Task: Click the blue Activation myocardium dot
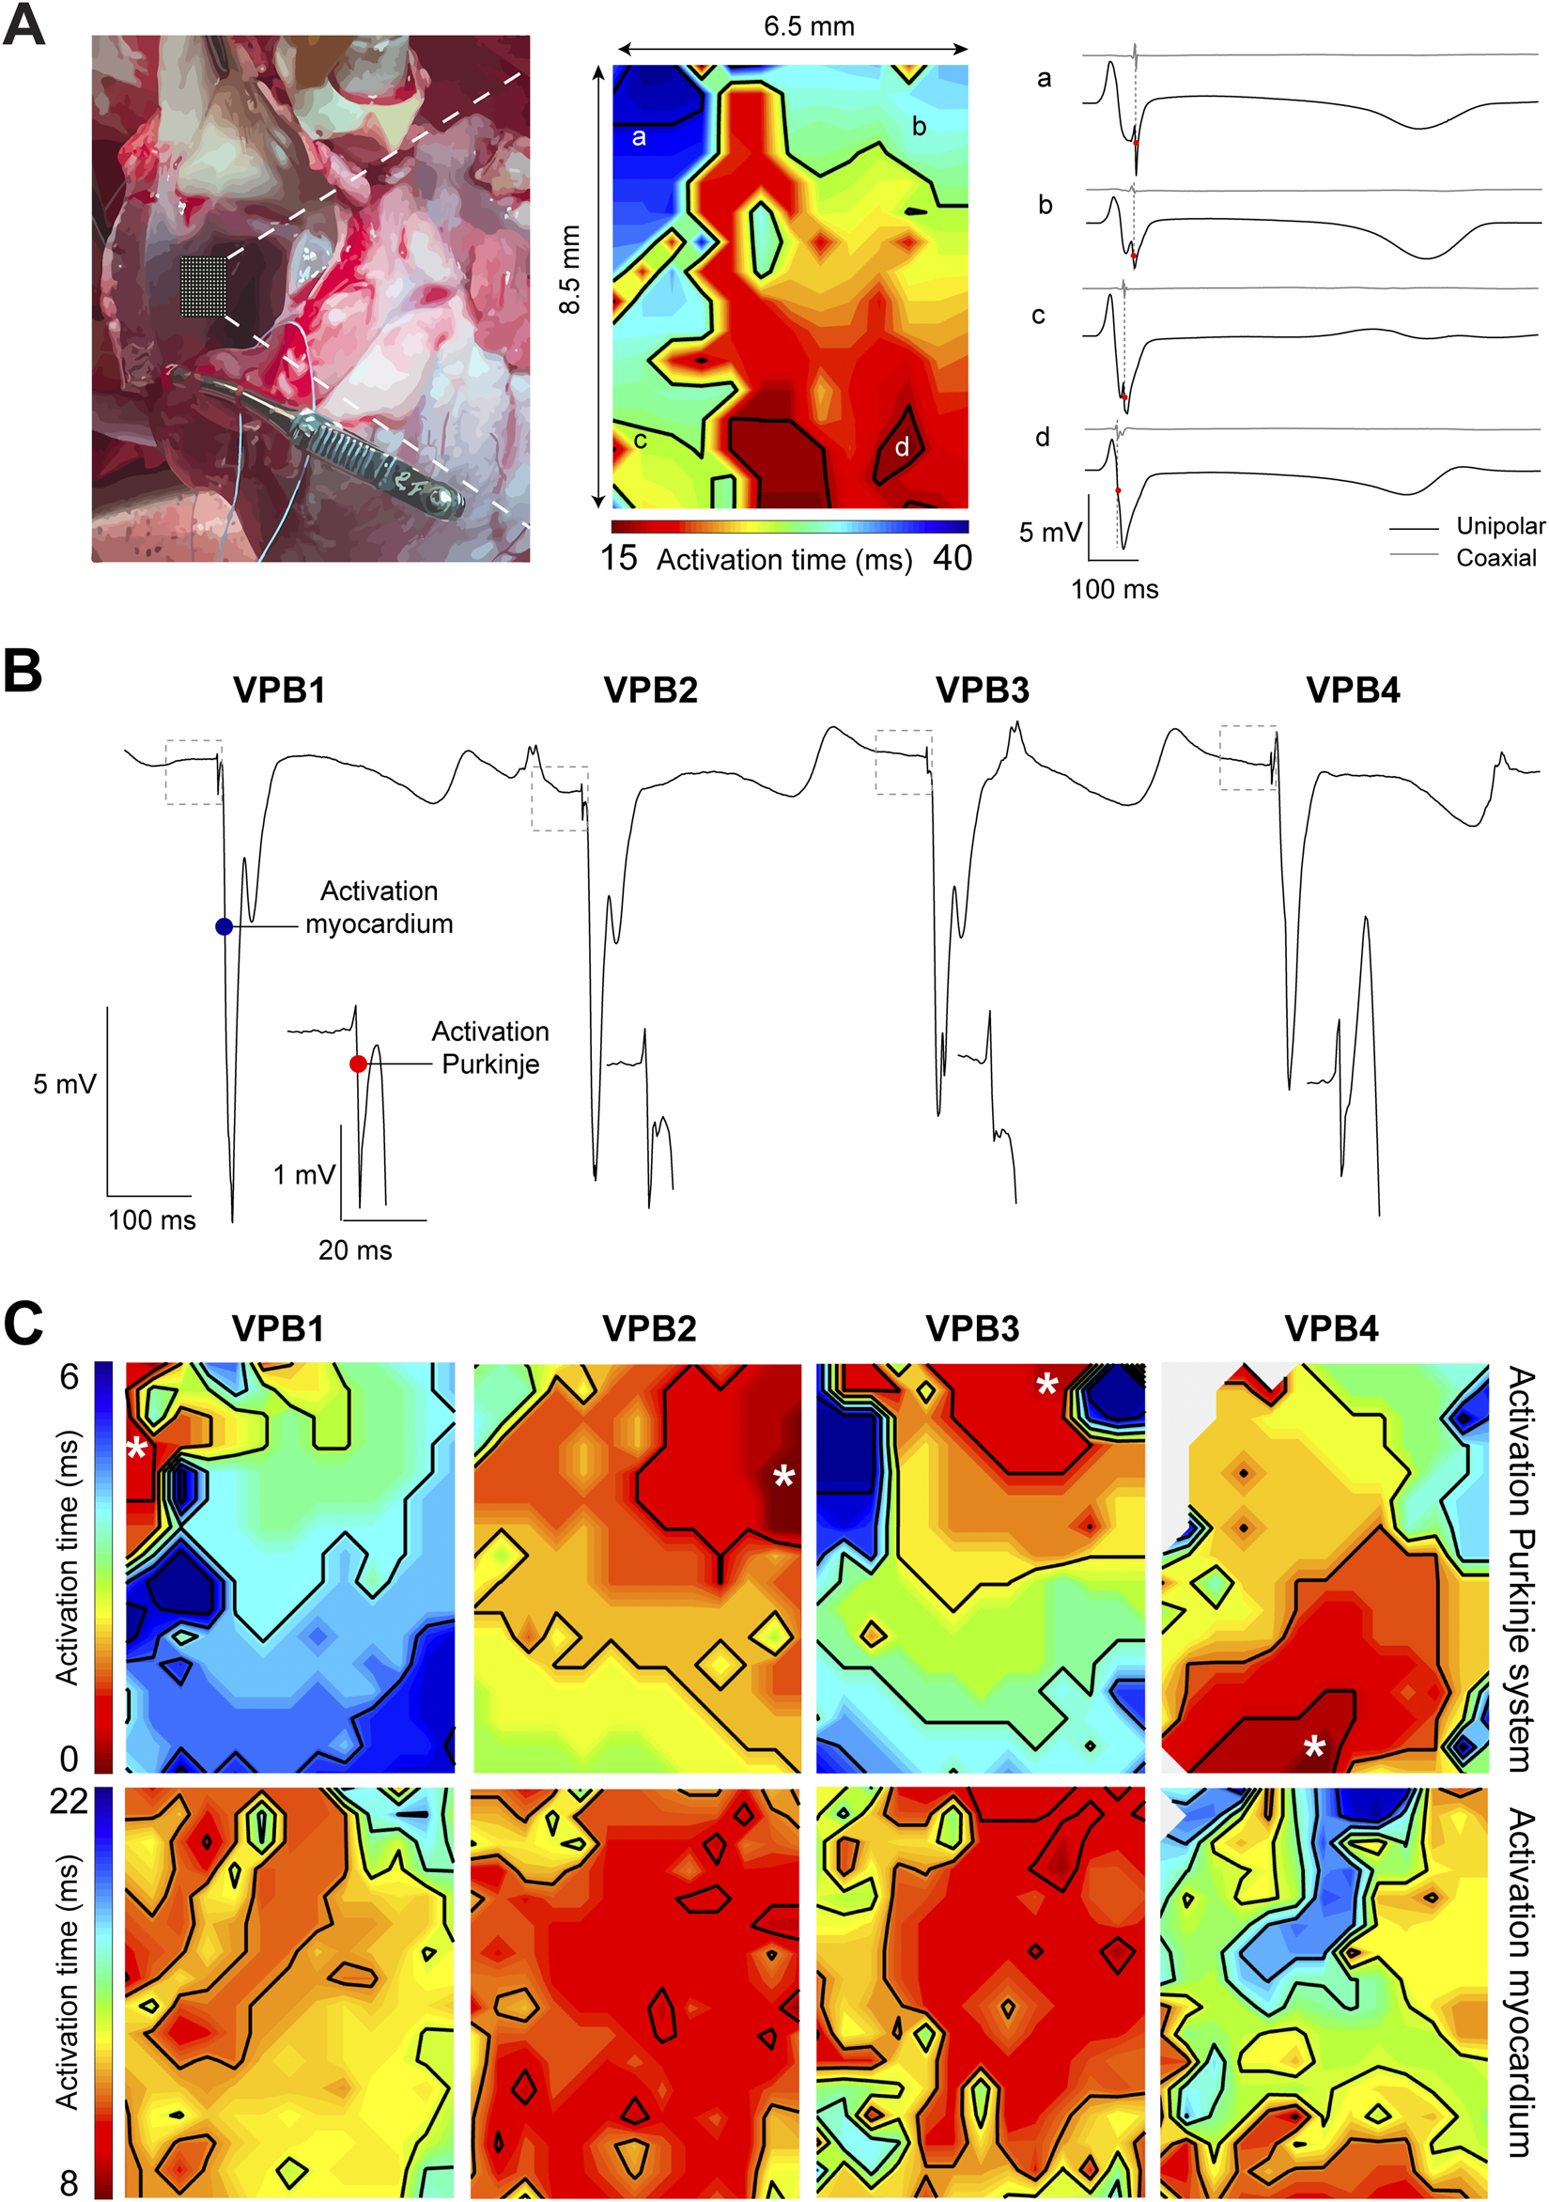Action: pyautogui.click(x=224, y=926)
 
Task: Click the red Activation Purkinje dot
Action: pyautogui.click(x=358, y=1063)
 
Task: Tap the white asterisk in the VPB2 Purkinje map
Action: pyautogui.click(x=783, y=1476)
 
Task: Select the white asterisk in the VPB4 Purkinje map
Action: pyautogui.click(x=1314, y=1745)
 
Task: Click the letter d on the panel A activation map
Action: pyautogui.click(x=902, y=447)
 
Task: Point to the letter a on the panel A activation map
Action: pyautogui.click(x=639, y=137)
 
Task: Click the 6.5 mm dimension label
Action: pyautogui.click(x=809, y=27)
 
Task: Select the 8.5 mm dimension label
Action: pyautogui.click(x=570, y=270)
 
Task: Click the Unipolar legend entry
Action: pyautogui.click(x=1500, y=525)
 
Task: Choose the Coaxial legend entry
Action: pyautogui.click(x=1495, y=557)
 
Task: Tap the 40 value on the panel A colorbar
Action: pyautogui.click(x=952, y=558)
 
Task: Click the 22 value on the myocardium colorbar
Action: pyautogui.click(x=70, y=1800)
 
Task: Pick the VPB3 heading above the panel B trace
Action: pyautogui.click(x=983, y=690)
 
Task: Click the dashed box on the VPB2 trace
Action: pyautogui.click(x=559, y=798)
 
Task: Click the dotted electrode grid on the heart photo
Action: pyautogui.click(x=204, y=287)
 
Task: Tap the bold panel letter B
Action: pyautogui.click(x=23, y=671)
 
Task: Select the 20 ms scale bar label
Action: pyautogui.click(x=355, y=1250)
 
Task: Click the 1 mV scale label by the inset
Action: pyautogui.click(x=303, y=1175)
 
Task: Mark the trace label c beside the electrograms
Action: pyautogui.click(x=1038, y=316)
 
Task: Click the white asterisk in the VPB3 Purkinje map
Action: pyautogui.click(x=1046, y=1383)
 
